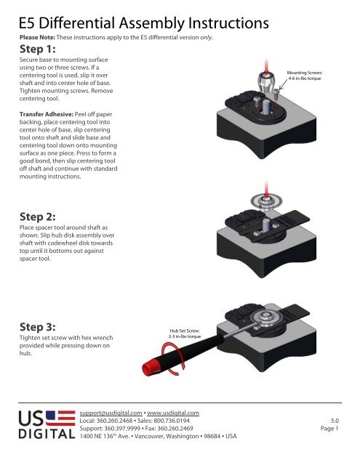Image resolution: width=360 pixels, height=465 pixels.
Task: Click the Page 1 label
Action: click(331, 429)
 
